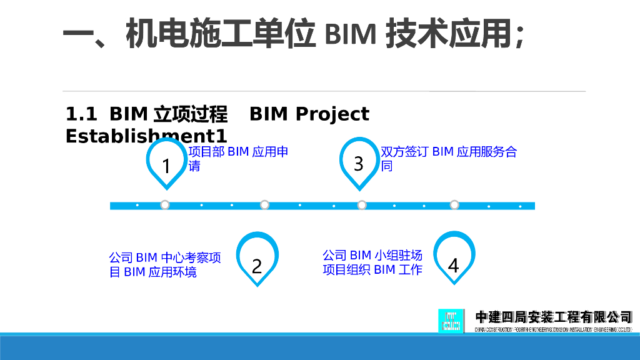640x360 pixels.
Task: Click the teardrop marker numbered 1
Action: tap(166, 164)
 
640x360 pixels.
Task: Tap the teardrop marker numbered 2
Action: tap(257, 259)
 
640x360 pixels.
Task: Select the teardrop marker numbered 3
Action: tap(359, 163)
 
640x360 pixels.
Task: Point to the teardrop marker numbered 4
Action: tap(454, 258)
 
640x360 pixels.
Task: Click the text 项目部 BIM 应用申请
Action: tap(238, 159)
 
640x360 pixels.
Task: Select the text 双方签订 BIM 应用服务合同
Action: tap(449, 159)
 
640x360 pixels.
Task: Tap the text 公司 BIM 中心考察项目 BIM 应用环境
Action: tap(165, 264)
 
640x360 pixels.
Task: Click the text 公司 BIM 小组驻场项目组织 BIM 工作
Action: tap(372, 262)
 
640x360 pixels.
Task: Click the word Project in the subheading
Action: tap(332, 114)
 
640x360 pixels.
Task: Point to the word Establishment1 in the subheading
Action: tap(146, 136)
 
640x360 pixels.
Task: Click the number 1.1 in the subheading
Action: tap(81, 114)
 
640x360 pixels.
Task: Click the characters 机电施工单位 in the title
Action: tap(219, 34)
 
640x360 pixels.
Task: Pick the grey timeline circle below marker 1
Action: tap(165, 205)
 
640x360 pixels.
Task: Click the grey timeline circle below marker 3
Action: tap(362, 205)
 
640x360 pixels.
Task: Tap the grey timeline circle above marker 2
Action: tap(264, 205)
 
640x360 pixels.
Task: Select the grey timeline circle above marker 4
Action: tap(454, 205)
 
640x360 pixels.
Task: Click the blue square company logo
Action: tap(451, 321)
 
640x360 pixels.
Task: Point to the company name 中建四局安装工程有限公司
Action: tap(554, 317)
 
